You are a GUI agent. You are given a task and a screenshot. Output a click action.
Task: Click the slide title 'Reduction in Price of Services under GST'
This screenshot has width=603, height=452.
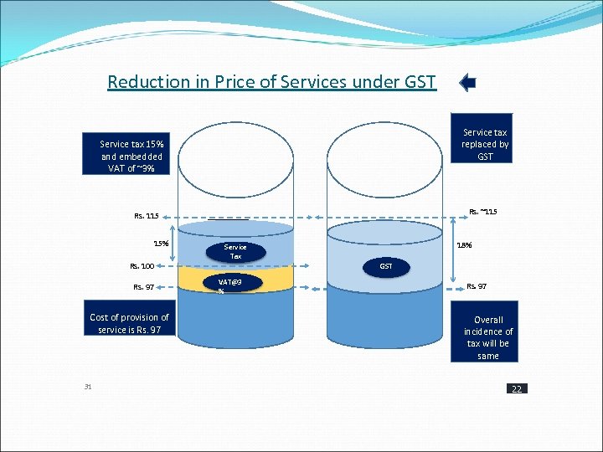[271, 81]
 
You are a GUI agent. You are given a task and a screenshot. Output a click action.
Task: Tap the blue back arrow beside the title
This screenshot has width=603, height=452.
[468, 82]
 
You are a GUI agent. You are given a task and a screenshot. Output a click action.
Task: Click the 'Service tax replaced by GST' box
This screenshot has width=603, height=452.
[485, 144]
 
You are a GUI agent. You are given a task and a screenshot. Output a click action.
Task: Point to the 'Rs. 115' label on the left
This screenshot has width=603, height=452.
[145, 216]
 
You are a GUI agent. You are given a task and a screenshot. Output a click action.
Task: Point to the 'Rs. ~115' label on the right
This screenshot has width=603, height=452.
[483, 211]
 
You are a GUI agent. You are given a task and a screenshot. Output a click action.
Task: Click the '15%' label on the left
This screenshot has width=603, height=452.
[161, 244]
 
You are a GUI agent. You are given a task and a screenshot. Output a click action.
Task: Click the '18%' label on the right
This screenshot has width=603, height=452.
[463, 246]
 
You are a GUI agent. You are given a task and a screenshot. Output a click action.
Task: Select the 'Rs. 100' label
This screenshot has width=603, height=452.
[142, 266]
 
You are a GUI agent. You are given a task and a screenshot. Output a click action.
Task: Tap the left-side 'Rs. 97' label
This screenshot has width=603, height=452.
[143, 287]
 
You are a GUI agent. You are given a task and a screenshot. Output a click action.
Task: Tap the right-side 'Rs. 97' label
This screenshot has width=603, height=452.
[477, 286]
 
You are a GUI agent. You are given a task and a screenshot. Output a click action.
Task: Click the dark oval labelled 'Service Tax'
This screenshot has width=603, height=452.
[235, 251]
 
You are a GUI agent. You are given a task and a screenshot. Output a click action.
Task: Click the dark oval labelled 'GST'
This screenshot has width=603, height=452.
[386, 266]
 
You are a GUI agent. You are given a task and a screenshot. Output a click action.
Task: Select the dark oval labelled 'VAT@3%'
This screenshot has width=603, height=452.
[234, 285]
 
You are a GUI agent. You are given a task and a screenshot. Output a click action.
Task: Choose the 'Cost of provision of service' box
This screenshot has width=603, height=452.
[129, 323]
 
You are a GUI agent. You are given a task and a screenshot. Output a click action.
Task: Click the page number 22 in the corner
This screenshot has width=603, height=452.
[516, 389]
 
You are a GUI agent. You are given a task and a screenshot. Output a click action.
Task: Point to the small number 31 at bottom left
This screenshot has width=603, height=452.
[88, 386]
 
